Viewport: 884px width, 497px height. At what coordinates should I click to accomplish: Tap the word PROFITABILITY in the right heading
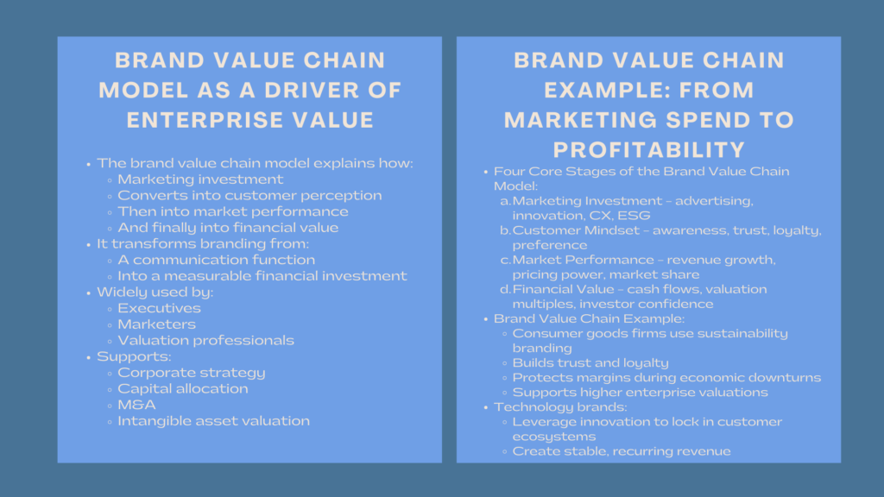650,148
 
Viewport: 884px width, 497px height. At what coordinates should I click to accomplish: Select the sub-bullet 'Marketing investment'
200,179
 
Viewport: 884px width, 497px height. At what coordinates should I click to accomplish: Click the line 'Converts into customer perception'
249,195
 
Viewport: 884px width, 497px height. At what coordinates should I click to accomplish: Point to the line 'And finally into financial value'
228,228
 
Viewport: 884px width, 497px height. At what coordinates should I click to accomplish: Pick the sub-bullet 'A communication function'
216,260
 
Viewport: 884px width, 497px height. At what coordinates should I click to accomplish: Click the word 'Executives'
159,308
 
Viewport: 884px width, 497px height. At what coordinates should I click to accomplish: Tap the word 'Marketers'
156,324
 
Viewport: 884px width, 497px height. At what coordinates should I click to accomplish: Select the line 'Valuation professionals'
205,340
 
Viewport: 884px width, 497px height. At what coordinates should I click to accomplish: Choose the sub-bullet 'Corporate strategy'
191,373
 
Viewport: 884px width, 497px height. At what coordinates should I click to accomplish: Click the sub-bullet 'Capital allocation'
182,388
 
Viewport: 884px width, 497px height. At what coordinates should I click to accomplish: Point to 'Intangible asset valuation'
213,421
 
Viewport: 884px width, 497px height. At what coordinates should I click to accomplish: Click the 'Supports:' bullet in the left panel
123,356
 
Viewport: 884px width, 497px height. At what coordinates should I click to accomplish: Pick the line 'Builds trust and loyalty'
590,362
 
